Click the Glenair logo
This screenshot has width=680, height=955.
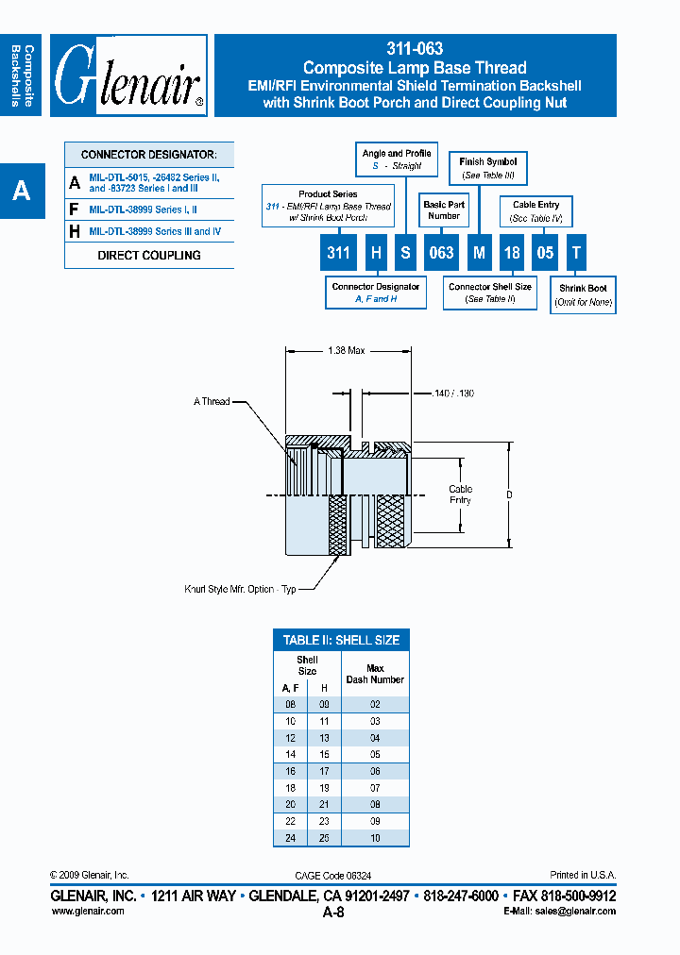click(128, 75)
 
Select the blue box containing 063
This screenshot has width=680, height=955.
click(442, 253)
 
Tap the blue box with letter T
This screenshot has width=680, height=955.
click(577, 253)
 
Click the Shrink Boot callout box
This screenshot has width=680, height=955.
click(584, 295)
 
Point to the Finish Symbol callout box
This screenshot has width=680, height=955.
click(488, 169)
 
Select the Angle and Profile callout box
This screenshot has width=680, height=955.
click(396, 159)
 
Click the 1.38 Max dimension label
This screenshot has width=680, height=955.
click(346, 350)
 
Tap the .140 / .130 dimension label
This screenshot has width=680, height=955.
click(455, 393)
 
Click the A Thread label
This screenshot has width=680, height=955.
click(212, 401)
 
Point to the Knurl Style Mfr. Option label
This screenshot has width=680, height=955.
click(240, 589)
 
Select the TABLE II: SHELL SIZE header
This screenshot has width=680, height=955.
click(341, 640)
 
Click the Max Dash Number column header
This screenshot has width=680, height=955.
click(375, 674)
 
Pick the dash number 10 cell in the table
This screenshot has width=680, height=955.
click(375, 838)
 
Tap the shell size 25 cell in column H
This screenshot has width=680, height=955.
click(323, 838)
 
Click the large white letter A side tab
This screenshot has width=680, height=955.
click(22, 192)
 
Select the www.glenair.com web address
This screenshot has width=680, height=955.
click(87, 911)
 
